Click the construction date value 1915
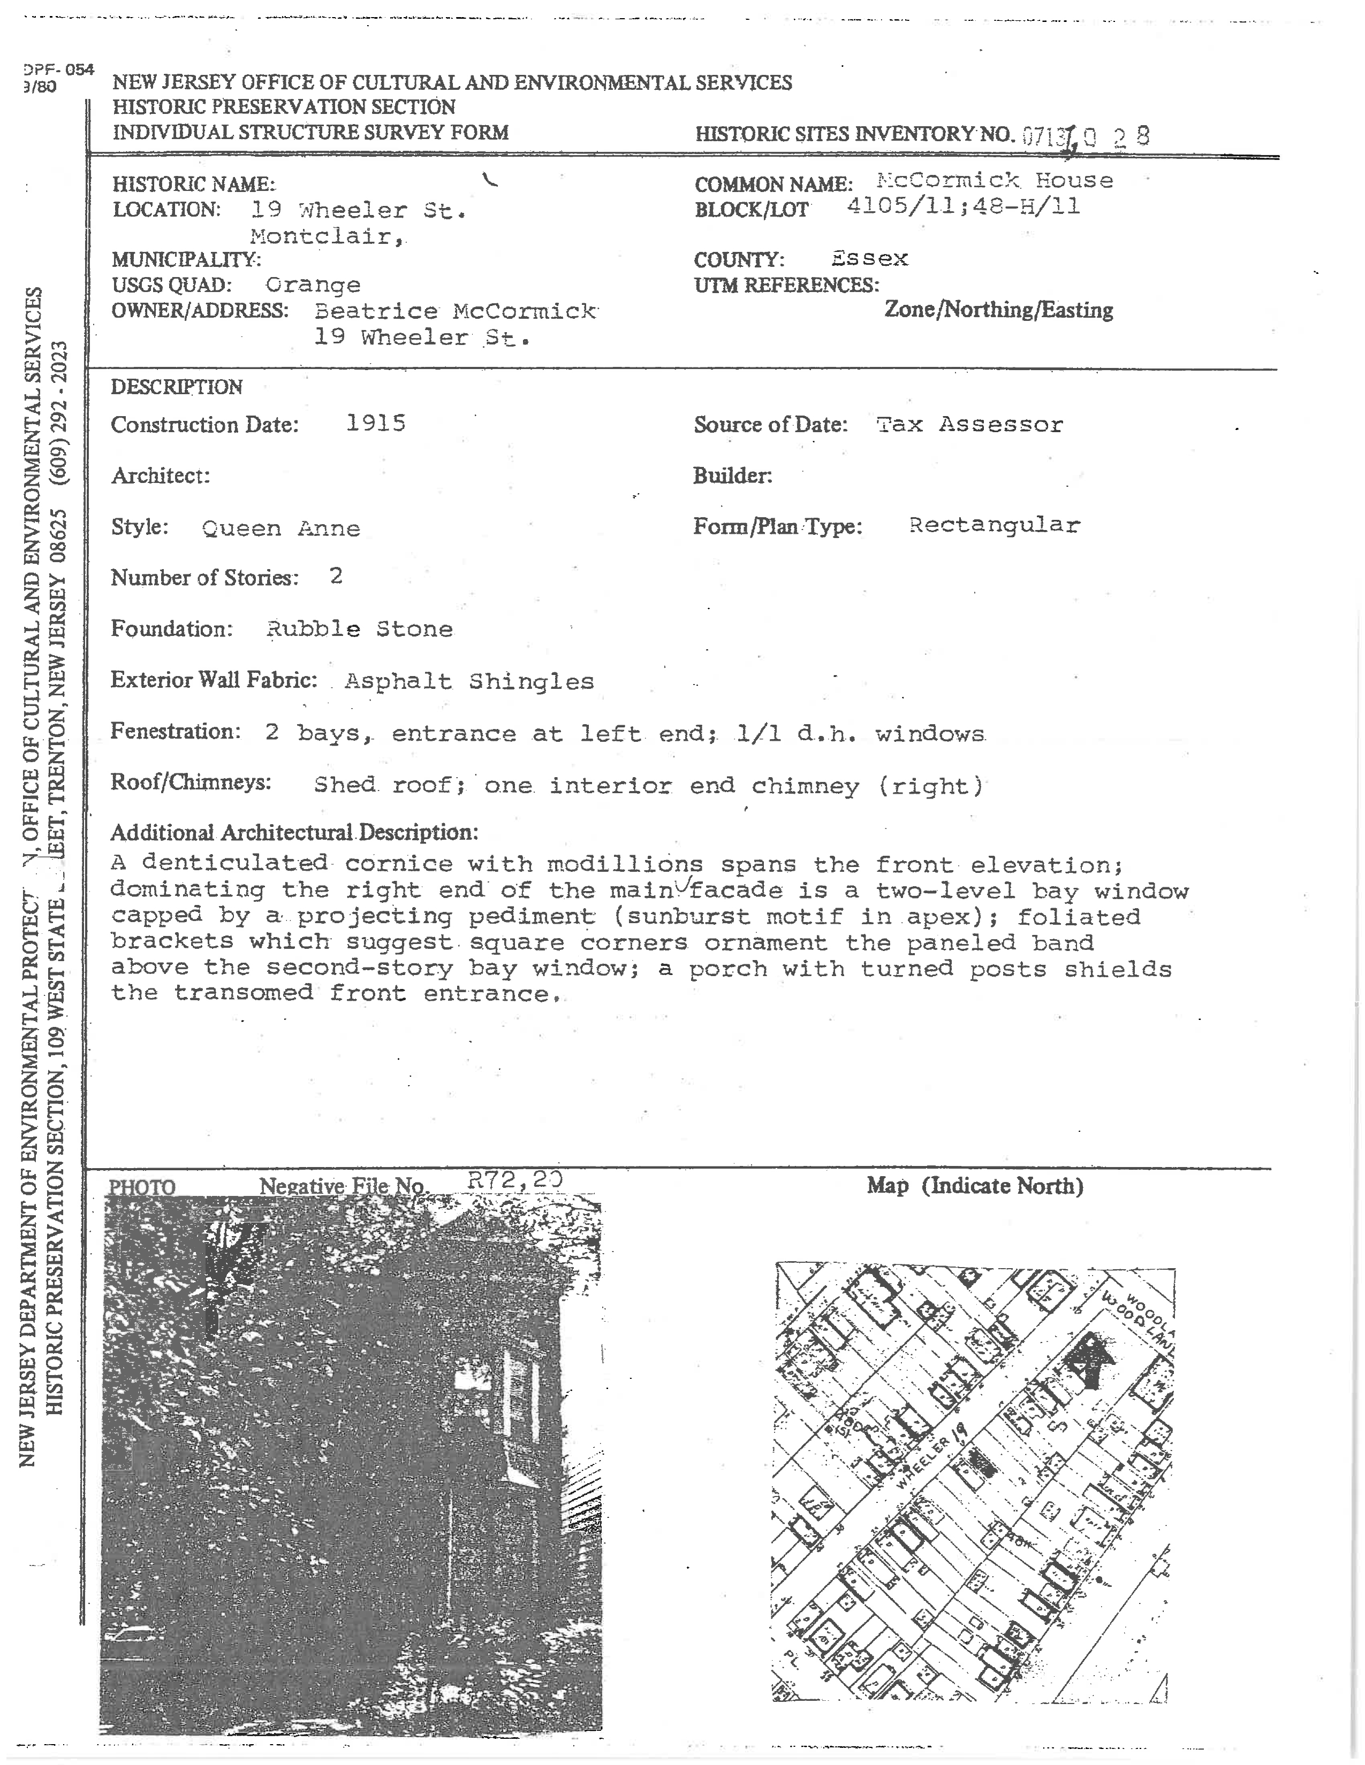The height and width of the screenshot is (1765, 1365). tap(375, 423)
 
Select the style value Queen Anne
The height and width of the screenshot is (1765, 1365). tap(280, 528)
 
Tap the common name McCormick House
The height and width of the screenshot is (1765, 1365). tap(995, 180)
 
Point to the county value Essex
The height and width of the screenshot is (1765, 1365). tap(869, 259)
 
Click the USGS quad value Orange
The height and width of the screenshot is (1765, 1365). tap(313, 285)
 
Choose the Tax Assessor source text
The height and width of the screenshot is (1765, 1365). tap(969, 424)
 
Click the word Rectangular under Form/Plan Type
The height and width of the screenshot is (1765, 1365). tap(994, 525)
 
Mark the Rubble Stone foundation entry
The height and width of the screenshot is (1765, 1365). tap(359, 629)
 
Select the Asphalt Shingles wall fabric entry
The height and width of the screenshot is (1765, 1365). tap(469, 681)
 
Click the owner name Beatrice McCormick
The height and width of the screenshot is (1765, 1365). tap(456, 311)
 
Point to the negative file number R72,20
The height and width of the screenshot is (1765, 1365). tap(514, 1180)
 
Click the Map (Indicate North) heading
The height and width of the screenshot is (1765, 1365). tap(974, 1186)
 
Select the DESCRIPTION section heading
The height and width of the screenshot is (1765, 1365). tap(176, 387)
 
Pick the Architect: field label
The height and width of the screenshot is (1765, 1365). tap(160, 475)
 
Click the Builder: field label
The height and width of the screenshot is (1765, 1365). tap(732, 475)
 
